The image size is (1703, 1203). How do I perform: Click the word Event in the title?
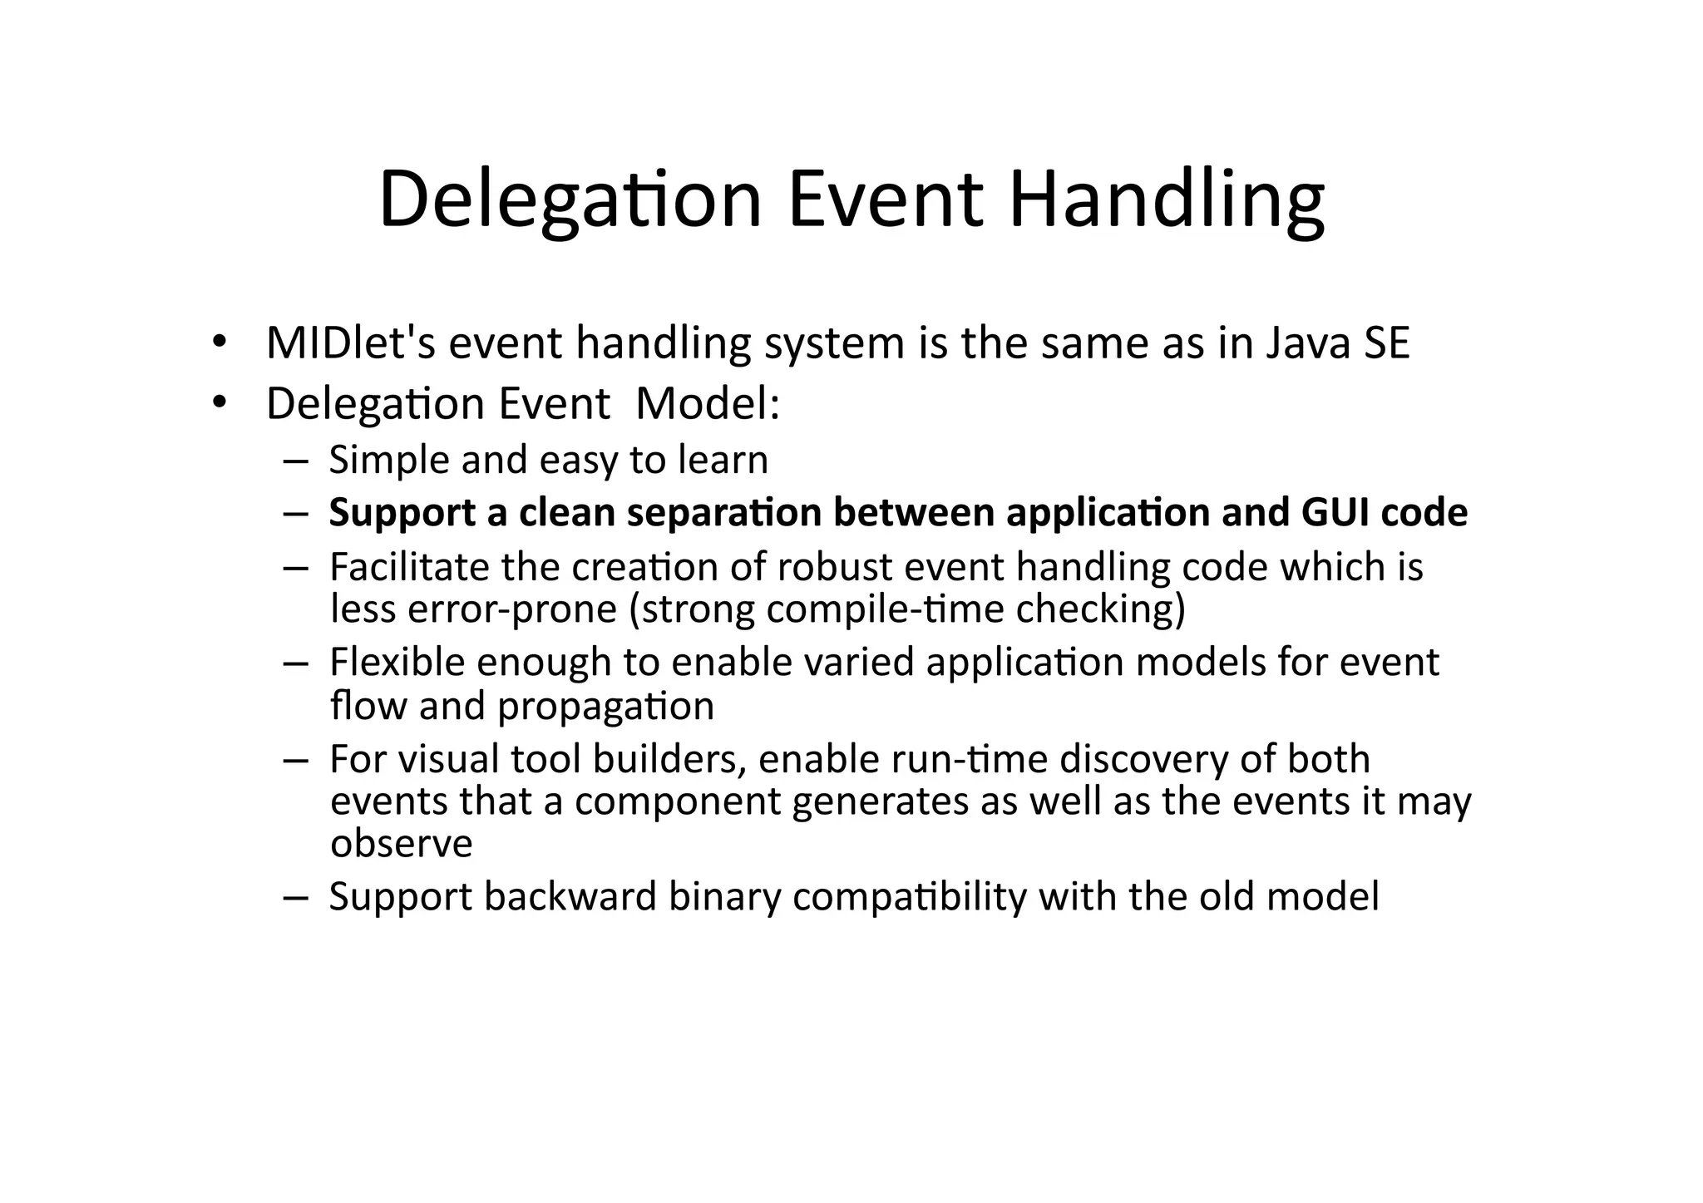[885, 200]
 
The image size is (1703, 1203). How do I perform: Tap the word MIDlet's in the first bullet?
[350, 343]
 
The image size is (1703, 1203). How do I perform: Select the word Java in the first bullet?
[1308, 343]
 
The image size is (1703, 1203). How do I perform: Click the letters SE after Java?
[1386, 343]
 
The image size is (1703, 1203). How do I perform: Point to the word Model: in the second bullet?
[707, 404]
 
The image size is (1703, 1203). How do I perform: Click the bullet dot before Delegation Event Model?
[219, 404]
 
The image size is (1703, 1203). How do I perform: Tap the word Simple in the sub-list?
[388, 460]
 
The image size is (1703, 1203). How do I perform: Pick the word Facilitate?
[409, 567]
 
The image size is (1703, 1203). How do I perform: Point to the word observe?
[401, 844]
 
